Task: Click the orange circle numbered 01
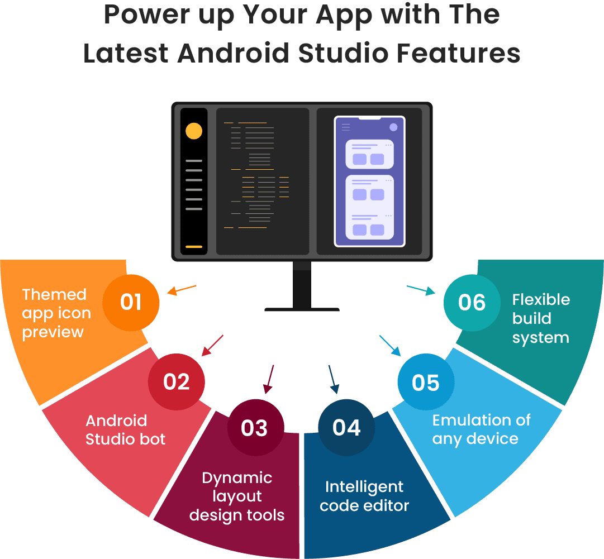tap(131, 303)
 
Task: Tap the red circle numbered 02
tap(177, 382)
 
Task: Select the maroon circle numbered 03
tap(255, 428)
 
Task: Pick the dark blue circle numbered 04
tap(346, 428)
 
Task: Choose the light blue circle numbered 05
tap(426, 383)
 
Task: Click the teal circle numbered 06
tap(472, 303)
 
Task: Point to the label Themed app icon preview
tap(56, 313)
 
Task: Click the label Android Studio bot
tap(125, 429)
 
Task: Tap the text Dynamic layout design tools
tap(237, 496)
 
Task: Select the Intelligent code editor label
tap(364, 496)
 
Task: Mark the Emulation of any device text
tap(481, 429)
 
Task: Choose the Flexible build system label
tap(541, 318)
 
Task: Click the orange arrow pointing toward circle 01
tap(182, 290)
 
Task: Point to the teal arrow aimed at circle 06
tap(421, 289)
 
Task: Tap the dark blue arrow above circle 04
tap(333, 380)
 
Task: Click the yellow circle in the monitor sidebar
tap(194, 131)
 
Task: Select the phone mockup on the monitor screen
tap(369, 181)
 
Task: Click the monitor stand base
tap(302, 309)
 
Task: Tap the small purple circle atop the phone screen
tap(393, 127)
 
